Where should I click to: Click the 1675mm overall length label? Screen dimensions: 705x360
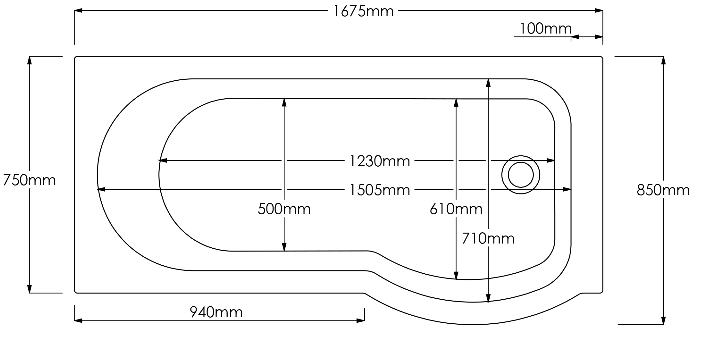[363, 11]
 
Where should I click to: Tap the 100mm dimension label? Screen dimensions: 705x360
[545, 29]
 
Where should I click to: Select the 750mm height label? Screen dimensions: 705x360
[29, 180]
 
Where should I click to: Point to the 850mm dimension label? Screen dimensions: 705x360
[663, 190]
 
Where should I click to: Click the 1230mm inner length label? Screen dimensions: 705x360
[380, 161]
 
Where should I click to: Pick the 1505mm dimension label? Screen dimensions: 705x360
[380, 190]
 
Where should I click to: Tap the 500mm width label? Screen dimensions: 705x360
[284, 209]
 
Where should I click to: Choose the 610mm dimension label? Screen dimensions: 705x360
[456, 209]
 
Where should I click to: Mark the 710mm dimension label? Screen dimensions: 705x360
[488, 238]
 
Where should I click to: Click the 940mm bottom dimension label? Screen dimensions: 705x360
[216, 312]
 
